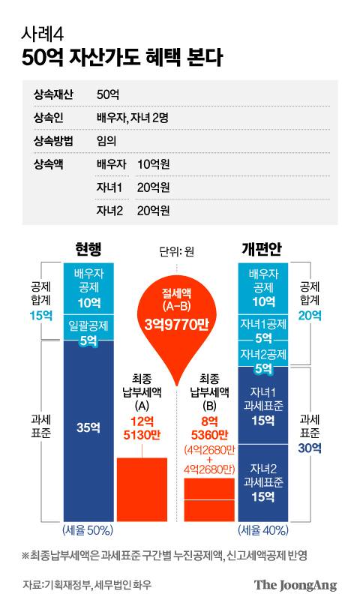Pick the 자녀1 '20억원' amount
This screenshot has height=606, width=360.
(x=153, y=187)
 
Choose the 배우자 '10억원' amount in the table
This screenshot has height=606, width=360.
(x=153, y=163)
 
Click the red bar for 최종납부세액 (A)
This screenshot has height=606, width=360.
(x=142, y=488)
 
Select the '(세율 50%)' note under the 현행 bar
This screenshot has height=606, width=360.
(x=88, y=530)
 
